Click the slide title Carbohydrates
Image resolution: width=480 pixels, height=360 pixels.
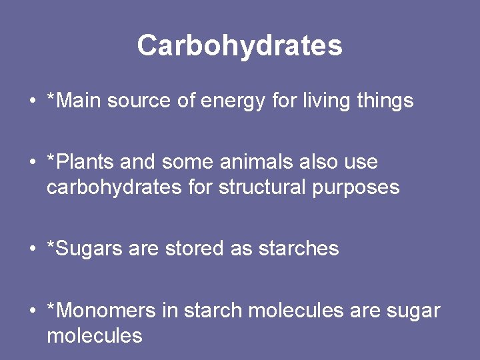coord(240,45)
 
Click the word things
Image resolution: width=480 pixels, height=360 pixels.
coord(385,101)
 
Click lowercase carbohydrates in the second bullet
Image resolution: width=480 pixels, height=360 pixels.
coord(113,187)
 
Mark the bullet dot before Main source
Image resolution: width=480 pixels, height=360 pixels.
coord(32,101)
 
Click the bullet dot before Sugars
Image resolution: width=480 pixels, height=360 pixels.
coord(32,249)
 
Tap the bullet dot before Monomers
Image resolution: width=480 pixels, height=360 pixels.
coord(32,311)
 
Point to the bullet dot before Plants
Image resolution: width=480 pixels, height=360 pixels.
coord(32,163)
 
